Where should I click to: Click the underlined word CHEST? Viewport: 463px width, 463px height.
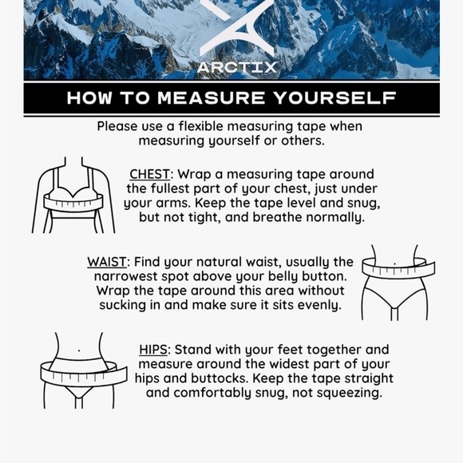(x=150, y=174)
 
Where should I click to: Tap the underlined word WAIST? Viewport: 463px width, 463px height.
(x=107, y=262)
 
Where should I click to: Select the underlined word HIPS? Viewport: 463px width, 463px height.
(x=153, y=350)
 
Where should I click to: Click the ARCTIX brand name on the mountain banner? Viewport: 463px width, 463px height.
(x=237, y=67)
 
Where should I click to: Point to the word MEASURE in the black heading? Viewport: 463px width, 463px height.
(x=212, y=98)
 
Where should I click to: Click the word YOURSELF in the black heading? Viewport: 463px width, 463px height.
(x=335, y=98)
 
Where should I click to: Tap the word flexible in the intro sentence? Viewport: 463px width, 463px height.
(x=201, y=126)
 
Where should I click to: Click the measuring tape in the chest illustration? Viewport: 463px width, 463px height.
(x=73, y=202)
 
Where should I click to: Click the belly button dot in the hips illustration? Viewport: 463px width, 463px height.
(x=79, y=350)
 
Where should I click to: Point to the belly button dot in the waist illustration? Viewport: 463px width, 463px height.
(x=395, y=263)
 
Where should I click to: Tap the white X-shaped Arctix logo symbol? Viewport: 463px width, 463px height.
(x=237, y=27)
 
